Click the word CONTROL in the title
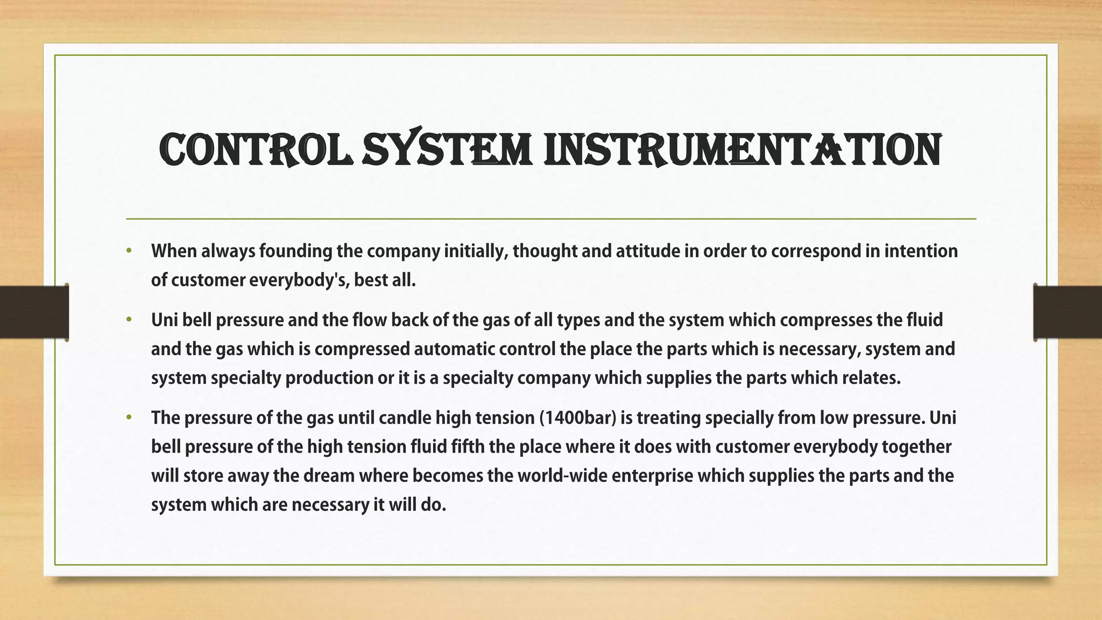(256, 149)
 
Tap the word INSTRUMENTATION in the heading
(743, 149)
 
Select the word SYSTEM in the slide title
(447, 149)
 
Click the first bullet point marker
(129, 251)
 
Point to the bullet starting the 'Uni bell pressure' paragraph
(129, 320)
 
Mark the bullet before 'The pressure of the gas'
(129, 418)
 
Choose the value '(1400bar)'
(577, 418)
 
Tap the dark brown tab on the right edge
(1068, 313)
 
